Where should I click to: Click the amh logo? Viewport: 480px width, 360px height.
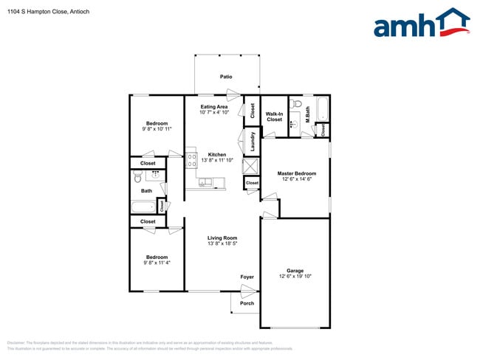421,24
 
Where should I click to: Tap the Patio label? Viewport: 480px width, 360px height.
226,77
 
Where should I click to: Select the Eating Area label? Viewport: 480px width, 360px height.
213,107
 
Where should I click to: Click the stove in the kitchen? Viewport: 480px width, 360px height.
191,158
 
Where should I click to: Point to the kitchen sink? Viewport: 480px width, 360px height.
205,181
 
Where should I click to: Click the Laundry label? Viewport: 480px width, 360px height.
253,141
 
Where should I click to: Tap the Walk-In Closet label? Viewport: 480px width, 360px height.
274,116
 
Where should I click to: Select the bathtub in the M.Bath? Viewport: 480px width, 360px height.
323,109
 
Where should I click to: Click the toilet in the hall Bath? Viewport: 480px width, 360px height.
137,177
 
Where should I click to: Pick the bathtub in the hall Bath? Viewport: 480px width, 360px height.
144,207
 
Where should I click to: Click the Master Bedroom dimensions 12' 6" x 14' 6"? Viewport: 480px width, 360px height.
295,179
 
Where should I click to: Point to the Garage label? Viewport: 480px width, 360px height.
295,271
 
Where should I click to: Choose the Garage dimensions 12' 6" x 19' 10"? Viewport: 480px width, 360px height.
295,277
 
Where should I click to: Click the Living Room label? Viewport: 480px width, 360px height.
222,238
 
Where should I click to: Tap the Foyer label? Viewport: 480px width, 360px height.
247,277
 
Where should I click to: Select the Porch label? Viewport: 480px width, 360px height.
247,303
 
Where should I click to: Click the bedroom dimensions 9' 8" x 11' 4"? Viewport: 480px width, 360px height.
157,263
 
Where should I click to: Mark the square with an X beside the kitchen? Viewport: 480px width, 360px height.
252,165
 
